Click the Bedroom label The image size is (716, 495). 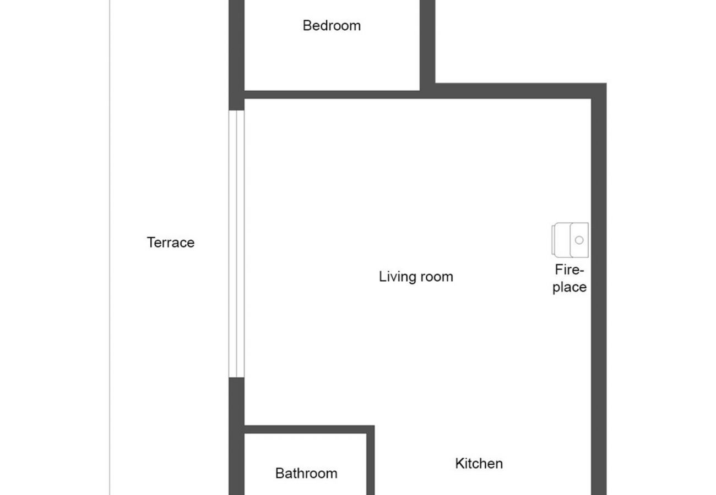[332, 25]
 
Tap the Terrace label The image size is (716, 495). [171, 243]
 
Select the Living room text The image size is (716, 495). [416, 276]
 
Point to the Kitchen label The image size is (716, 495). [479, 464]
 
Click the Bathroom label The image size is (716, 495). [306, 474]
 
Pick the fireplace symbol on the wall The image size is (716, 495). [571, 240]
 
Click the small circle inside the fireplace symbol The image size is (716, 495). [579, 240]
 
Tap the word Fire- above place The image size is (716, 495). [569, 270]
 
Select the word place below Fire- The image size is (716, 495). [569, 287]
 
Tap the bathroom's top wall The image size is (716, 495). [308, 429]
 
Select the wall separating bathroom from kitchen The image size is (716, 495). [371, 462]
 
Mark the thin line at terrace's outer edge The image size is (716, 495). [110, 248]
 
